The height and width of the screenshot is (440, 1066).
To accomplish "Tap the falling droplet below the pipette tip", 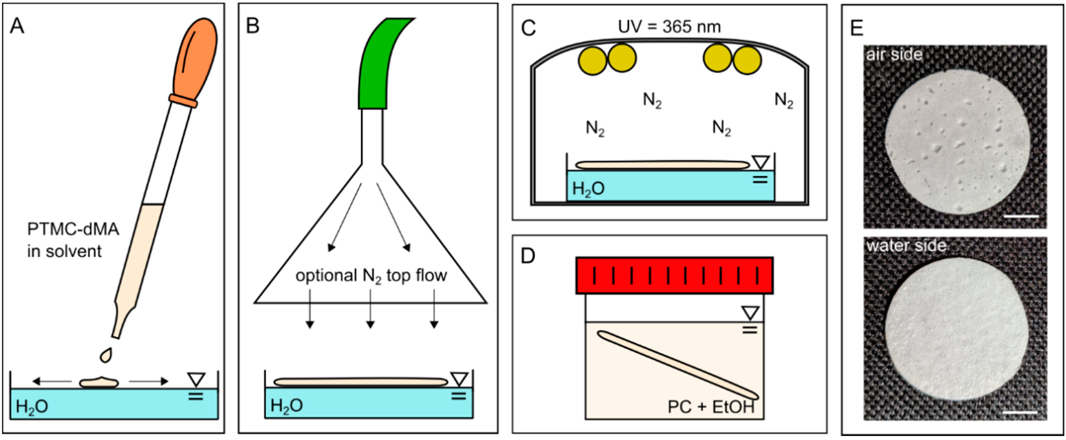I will [106, 355].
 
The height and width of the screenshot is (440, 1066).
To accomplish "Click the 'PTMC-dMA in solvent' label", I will [73, 240].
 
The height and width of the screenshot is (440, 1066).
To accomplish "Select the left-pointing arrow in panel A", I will [52, 381].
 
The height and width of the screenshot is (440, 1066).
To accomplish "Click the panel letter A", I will [17, 26].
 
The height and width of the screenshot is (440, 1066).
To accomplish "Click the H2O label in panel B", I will [286, 406].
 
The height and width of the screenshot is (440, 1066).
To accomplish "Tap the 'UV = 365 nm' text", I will [669, 27].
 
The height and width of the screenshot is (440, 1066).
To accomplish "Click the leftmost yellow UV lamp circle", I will [592, 61].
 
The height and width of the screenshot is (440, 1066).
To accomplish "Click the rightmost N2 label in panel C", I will [784, 100].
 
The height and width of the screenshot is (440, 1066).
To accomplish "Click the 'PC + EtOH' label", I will [711, 407].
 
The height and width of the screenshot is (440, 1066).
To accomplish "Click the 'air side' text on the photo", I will [894, 55].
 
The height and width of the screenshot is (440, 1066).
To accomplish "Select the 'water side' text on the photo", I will [906, 246].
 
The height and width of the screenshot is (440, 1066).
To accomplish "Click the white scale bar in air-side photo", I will [1021, 216].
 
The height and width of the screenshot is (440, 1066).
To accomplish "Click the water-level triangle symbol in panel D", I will [750, 313].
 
